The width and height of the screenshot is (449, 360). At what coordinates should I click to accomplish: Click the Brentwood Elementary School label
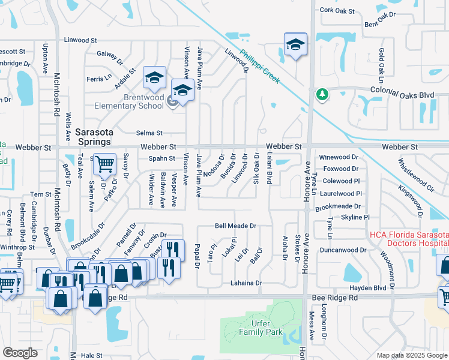(128, 101)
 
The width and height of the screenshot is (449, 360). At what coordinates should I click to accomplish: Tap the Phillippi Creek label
(259, 66)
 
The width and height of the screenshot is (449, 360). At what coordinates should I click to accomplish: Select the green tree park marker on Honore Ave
(322, 94)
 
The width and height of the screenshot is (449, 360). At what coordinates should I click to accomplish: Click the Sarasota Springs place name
(93, 136)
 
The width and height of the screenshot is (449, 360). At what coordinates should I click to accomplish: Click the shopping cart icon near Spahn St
(104, 163)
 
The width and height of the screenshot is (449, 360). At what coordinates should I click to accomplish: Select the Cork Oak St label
(337, 10)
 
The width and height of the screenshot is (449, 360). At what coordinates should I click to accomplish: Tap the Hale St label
(92, 355)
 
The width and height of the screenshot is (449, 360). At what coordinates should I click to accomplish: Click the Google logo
(20, 353)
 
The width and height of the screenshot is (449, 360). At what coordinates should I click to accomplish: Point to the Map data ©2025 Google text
(411, 355)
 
